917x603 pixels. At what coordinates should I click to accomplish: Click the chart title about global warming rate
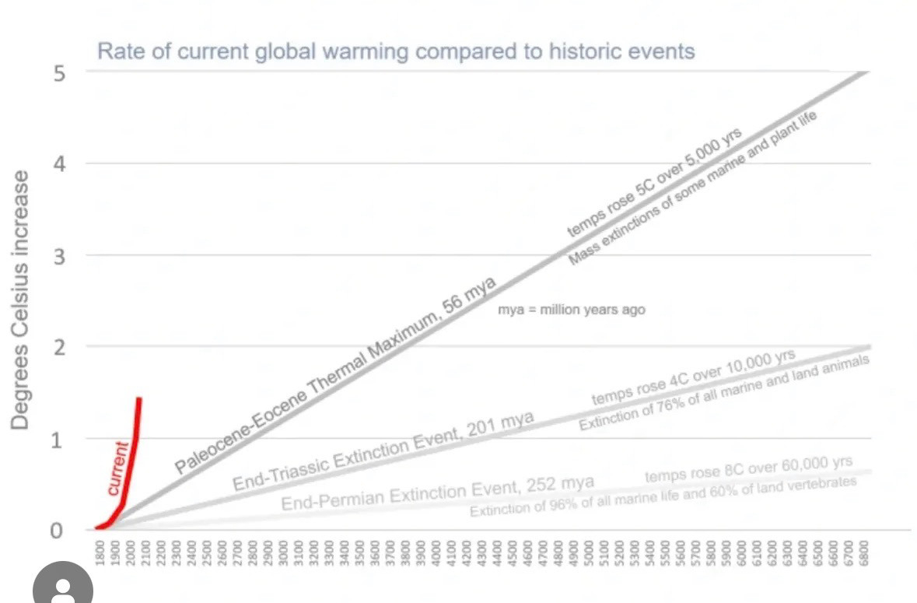click(395, 52)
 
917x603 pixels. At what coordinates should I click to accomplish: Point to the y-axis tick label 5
click(60, 72)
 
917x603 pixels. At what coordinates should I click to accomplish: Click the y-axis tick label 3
click(60, 256)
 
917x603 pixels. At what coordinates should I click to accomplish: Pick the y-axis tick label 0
click(57, 531)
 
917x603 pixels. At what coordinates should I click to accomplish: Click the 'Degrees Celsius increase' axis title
click(21, 300)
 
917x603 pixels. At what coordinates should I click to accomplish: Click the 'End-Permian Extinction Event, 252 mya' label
click(437, 493)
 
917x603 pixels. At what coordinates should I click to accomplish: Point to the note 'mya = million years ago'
click(572, 310)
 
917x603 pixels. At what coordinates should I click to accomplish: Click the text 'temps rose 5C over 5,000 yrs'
click(654, 181)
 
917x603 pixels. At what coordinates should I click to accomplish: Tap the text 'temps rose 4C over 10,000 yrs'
click(694, 377)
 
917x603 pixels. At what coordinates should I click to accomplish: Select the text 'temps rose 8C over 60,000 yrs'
click(748, 469)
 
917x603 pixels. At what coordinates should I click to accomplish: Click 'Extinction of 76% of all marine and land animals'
click(723, 393)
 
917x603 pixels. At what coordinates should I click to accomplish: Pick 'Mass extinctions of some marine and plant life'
click(695, 189)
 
